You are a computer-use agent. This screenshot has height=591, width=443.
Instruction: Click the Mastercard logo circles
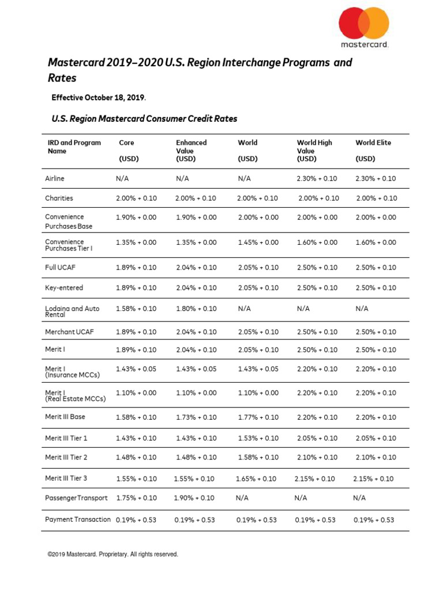tap(363, 24)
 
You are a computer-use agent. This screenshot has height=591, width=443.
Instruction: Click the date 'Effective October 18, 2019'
tap(99, 98)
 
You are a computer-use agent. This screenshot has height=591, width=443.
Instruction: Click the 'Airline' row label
tap(55, 179)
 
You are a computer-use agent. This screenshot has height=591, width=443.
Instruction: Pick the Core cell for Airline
tap(122, 179)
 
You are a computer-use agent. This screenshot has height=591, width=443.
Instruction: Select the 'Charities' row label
tap(59, 198)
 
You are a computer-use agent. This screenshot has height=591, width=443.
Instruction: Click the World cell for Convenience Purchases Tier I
tap(258, 242)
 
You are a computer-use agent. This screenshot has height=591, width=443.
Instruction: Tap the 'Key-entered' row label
tap(64, 287)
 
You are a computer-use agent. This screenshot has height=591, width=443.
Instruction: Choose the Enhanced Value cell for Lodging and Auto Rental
tap(196, 309)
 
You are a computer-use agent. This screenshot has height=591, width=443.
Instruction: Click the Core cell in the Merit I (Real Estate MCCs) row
tap(136, 393)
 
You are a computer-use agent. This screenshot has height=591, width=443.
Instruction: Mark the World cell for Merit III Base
tap(258, 417)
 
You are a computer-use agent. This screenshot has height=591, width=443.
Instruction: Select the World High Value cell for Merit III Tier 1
tap(317, 439)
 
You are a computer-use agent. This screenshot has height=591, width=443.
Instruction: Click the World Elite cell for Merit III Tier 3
tap(373, 478)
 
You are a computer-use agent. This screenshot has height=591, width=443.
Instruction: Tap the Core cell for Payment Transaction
tap(136, 519)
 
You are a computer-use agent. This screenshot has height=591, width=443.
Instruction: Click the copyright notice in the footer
tap(113, 554)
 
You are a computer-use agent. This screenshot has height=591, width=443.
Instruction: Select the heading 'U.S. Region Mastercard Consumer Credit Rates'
tap(144, 119)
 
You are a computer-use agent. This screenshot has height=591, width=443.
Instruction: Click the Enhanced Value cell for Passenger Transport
tap(194, 498)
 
